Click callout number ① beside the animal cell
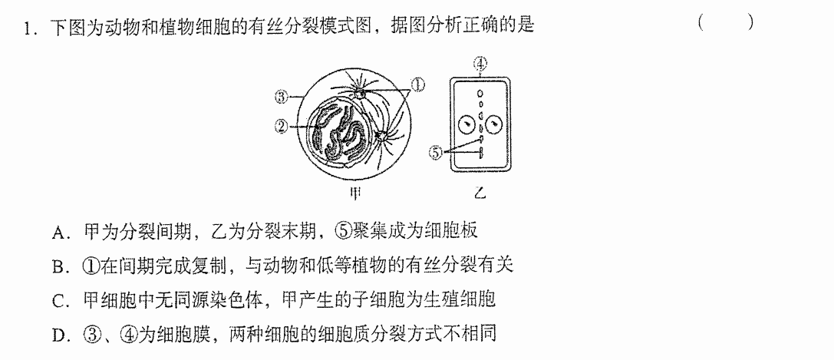click(419, 84)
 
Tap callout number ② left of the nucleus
click(282, 126)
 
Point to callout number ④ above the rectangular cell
click(480, 64)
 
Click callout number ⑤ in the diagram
click(436, 153)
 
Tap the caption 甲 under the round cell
click(354, 193)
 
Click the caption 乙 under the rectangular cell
click(480, 193)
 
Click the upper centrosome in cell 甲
click(361, 94)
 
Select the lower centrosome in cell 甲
click(381, 137)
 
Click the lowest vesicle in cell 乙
click(481, 154)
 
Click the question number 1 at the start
click(27, 27)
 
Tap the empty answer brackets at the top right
click(726, 22)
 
